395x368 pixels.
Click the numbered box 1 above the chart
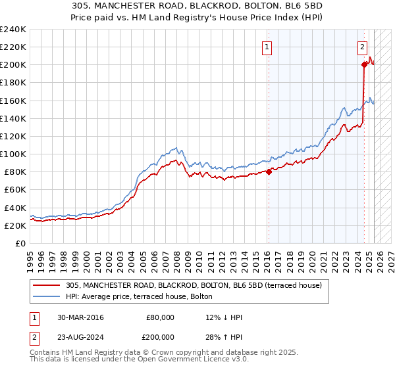(267, 46)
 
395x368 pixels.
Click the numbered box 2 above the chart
(363, 46)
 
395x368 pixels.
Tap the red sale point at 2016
(269, 172)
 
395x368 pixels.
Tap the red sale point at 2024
(364, 64)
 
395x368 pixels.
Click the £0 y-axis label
(20, 243)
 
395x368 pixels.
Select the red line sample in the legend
(47, 285)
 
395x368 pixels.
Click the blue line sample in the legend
(47, 296)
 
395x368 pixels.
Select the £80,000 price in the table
(160, 317)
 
